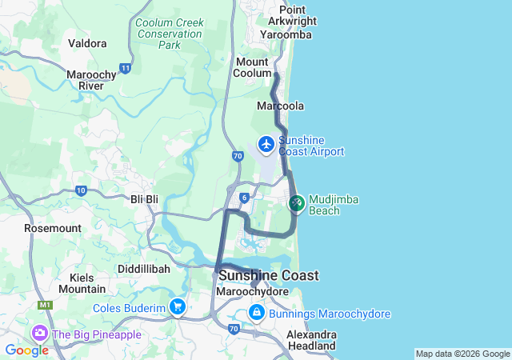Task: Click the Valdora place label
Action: [87, 43]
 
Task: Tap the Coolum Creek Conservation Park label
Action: [169, 34]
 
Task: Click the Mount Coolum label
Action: [253, 67]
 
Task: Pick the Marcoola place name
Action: [280, 106]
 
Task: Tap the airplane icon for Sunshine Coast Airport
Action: [266, 146]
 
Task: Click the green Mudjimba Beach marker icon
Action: [296, 204]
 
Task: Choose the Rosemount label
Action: [53, 228]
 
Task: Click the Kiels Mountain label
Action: [82, 283]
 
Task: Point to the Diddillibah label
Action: [144, 270]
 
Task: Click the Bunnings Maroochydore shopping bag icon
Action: [256, 314]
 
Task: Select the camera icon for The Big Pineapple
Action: [38, 333]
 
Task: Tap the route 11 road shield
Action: [126, 69]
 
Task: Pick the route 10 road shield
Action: [81, 190]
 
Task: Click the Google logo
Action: [26, 350]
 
